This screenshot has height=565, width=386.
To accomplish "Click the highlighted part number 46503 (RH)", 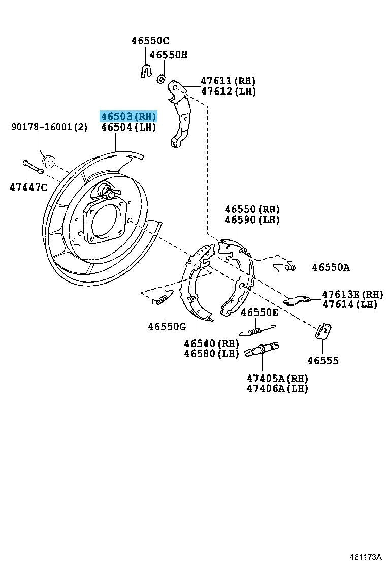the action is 128,116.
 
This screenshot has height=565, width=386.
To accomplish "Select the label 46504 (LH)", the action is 128,127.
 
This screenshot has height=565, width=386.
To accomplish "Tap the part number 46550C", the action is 150,40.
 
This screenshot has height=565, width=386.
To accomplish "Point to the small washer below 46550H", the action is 162,78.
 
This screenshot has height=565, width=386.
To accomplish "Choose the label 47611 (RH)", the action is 228,81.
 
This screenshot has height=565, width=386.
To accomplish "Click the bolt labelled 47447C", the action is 33,167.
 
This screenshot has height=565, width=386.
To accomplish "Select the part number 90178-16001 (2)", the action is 49,127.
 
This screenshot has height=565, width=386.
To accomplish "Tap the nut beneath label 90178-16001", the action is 48,161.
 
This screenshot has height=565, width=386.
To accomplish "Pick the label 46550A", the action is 331,267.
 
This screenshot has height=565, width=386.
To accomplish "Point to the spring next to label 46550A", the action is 284,267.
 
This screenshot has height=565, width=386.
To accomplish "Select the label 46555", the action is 323,360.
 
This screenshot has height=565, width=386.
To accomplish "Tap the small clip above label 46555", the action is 324,331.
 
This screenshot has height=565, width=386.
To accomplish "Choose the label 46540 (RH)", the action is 212,343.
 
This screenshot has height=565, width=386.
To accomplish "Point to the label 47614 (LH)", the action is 349,304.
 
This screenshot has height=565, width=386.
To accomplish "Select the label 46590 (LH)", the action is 252,219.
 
